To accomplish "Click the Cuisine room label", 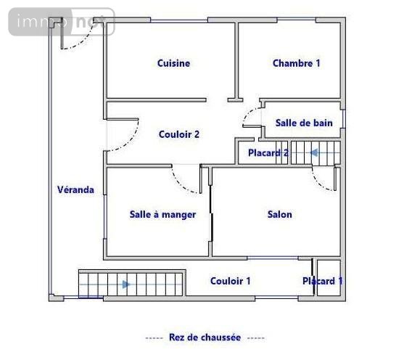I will click(173, 63).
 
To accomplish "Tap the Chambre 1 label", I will click(296, 63).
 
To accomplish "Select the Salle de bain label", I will click(304, 123).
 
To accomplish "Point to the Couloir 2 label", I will click(179, 134).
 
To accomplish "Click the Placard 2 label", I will click(268, 153).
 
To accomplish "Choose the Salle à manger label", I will click(162, 214).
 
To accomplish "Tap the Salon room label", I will click(280, 214).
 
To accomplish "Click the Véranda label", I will click(75, 189).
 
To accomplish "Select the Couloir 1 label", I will click(231, 281).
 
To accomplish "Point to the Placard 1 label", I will click(323, 281).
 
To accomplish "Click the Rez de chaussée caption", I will click(205, 337).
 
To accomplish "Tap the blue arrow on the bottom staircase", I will click(126, 284).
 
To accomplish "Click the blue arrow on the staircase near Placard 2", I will click(314, 152).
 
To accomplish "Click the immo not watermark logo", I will click(62, 22).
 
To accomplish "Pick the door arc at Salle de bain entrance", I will click(250, 118).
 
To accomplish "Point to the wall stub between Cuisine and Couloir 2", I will click(234, 99).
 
